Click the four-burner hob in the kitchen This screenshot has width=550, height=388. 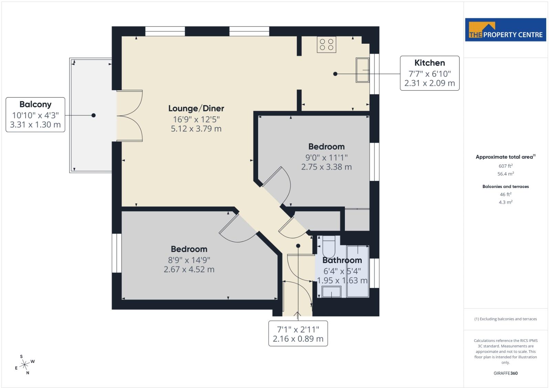pyautogui.click(x=326, y=44)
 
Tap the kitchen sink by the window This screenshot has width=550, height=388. pyautogui.click(x=362, y=70)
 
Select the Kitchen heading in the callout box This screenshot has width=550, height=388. pyautogui.click(x=430, y=63)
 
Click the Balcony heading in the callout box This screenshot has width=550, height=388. pyautogui.click(x=35, y=105)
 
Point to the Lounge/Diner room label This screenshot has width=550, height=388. pyautogui.click(x=196, y=108)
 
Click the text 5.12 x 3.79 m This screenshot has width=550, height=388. pyautogui.click(x=196, y=129)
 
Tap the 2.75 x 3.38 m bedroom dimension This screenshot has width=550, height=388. pyautogui.click(x=326, y=167)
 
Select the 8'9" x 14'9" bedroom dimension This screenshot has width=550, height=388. pyautogui.click(x=189, y=260)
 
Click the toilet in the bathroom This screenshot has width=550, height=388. pyautogui.click(x=329, y=246)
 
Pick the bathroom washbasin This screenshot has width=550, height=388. pyautogui.click(x=331, y=292)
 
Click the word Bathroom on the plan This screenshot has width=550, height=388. pyautogui.click(x=342, y=260)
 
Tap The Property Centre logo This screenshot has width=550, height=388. pyautogui.click(x=505, y=30)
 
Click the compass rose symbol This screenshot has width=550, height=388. pyautogui.click(x=24, y=365)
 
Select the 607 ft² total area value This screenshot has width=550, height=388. pyautogui.click(x=505, y=166)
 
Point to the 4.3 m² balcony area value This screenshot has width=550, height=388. pyautogui.click(x=505, y=202)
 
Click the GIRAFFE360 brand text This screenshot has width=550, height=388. pyautogui.click(x=505, y=373)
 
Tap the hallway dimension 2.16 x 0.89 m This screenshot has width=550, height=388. pyautogui.click(x=298, y=339)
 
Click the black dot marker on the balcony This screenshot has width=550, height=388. pyautogui.click(x=94, y=115)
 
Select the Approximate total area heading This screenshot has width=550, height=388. pyautogui.click(x=505, y=157)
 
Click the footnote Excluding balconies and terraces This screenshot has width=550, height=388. pyautogui.click(x=505, y=319)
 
